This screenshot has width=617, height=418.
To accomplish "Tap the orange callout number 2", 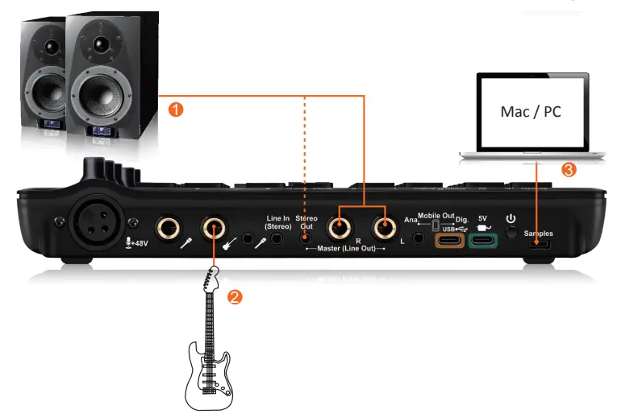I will point(234,296).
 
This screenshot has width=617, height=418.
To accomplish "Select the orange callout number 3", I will point(569,170).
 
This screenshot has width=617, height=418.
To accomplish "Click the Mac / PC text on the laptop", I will point(530,111).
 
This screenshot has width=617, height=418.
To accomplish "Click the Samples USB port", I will point(538,245).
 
